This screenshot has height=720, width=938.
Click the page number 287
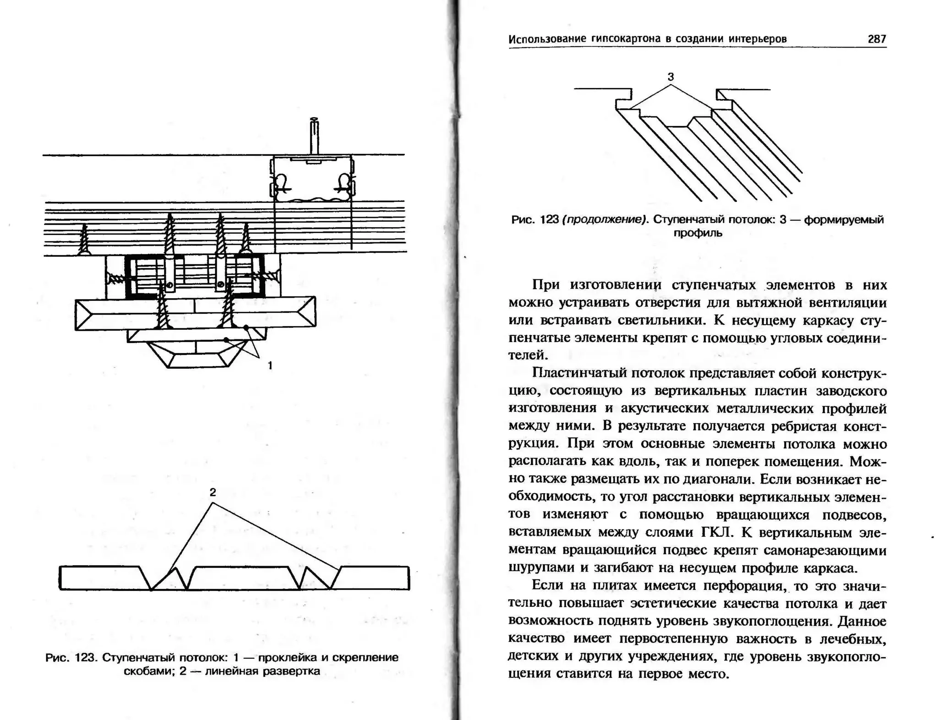coord(877,39)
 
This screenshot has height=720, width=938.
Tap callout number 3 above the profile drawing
coord(671,77)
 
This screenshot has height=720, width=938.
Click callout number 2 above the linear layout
coord(213,492)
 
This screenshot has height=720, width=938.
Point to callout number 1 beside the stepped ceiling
coord(270,365)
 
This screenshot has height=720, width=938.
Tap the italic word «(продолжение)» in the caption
coord(606,220)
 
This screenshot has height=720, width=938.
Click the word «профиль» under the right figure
coord(698,233)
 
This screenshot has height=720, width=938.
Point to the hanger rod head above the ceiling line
coord(314,121)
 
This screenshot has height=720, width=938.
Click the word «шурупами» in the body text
coord(533,567)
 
